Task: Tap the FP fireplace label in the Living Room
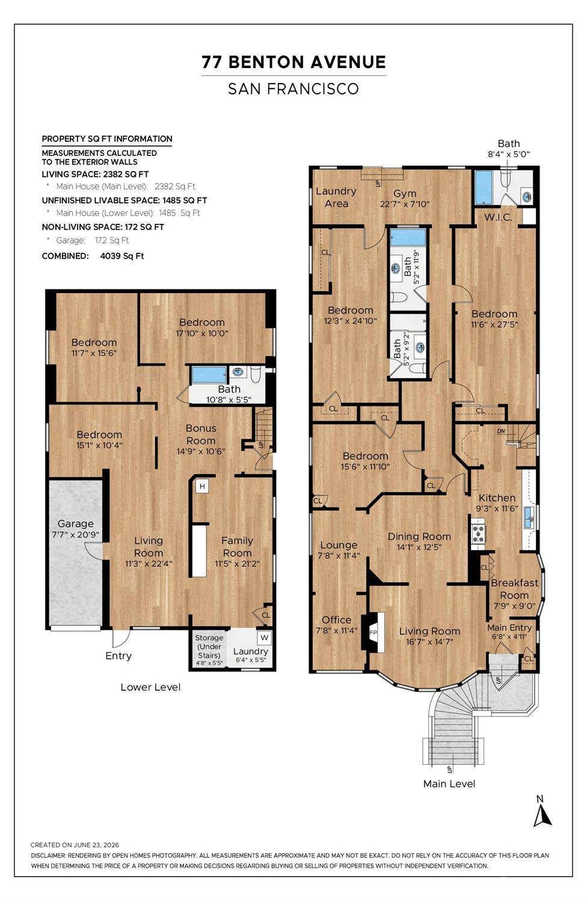coord(373,632)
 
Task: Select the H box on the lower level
coord(202,486)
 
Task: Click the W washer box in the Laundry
coord(264,637)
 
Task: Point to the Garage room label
coord(75,524)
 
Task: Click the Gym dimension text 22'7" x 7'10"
coord(405,204)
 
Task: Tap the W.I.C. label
coord(497,217)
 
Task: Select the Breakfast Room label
coord(514,588)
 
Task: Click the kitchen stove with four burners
coord(478,535)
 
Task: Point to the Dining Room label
coord(419,536)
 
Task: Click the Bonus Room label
coord(200,434)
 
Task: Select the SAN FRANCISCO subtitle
coord(293,89)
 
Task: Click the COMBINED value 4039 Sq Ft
coord(122,256)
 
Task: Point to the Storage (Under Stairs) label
coord(209,646)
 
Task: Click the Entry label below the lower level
coord(118,655)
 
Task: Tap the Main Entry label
coord(509,628)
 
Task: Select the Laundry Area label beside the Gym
coord(336,197)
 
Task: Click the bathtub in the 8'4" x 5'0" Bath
coord(483,187)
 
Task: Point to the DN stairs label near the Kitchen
coord(501,431)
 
